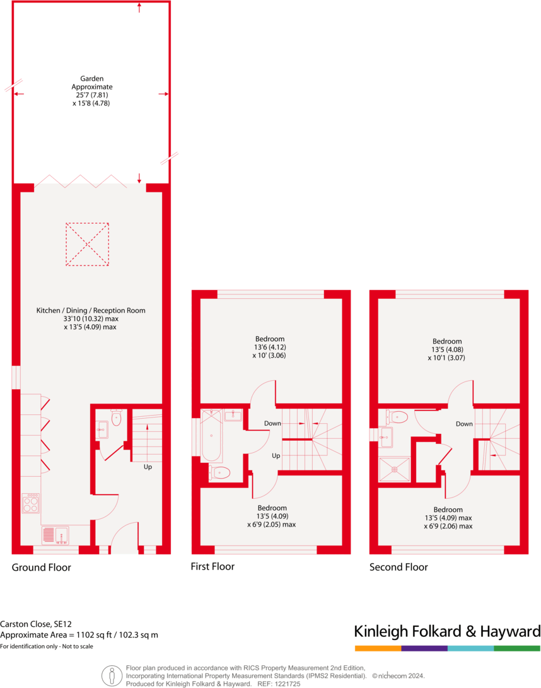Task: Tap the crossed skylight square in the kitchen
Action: click(x=88, y=243)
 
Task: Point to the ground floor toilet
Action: click(x=116, y=417)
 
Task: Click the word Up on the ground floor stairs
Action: click(x=148, y=467)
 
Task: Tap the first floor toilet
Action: click(x=221, y=473)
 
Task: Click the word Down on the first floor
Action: click(x=272, y=423)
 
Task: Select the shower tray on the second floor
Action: click(x=394, y=469)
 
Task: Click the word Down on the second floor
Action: click(x=464, y=424)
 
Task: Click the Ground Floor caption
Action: click(x=41, y=568)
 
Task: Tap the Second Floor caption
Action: click(x=398, y=567)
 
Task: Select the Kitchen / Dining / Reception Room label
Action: click(x=91, y=310)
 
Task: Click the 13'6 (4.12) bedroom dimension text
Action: click(x=270, y=347)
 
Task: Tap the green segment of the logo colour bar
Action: click(x=517, y=648)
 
